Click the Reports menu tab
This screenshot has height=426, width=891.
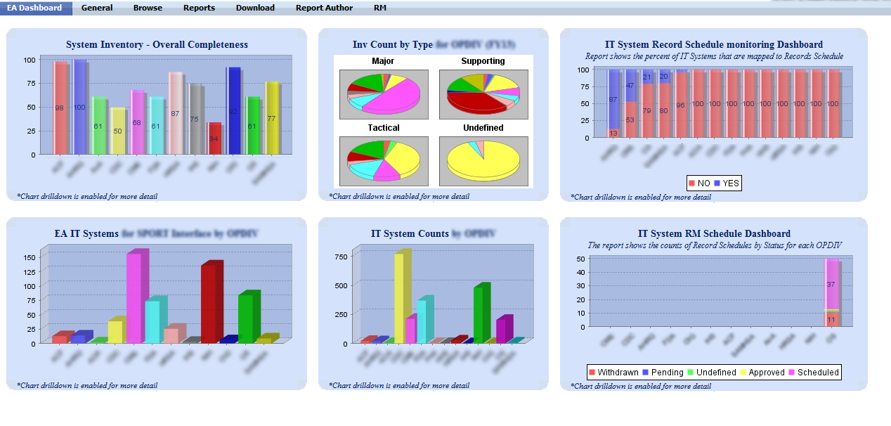[199, 8]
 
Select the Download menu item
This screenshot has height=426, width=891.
[255, 8]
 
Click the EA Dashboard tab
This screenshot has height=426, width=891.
[35, 8]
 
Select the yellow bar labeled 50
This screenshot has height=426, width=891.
[117, 131]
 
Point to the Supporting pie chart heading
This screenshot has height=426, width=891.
[483, 61]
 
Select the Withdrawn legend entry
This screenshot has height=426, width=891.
[613, 372]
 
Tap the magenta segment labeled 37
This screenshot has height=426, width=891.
[831, 285]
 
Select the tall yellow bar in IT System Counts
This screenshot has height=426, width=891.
[398, 298]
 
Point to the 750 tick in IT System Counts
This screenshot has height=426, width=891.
[340, 257]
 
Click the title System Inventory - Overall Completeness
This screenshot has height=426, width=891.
[157, 44]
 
